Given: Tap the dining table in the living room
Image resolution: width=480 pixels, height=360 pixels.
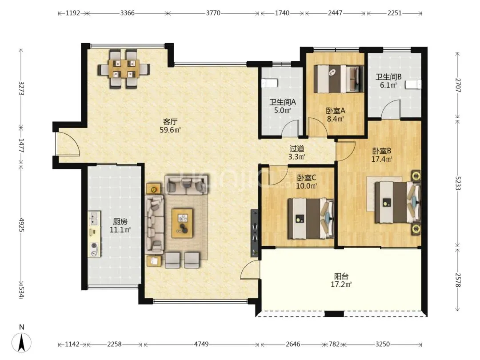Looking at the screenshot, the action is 124,69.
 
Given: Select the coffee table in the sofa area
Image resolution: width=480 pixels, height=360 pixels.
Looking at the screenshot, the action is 182,223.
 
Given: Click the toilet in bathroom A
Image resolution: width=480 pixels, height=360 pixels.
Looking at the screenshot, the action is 269,83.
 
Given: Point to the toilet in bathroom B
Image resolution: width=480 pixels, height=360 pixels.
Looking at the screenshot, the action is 414,85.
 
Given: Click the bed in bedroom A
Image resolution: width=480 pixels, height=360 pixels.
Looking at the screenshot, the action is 339,79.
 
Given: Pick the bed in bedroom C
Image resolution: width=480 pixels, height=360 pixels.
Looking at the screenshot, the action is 311,219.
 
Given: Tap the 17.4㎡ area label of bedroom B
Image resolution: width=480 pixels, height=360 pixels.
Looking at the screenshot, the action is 382,159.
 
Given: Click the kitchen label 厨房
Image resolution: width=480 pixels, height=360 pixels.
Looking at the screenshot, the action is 120,221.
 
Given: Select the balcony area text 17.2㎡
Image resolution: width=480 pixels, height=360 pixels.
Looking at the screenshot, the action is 341,284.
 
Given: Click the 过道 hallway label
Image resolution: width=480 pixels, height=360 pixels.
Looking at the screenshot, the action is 297,149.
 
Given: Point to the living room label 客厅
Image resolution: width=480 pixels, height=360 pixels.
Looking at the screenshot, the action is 170,121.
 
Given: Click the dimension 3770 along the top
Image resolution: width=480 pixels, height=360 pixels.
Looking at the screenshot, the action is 213,13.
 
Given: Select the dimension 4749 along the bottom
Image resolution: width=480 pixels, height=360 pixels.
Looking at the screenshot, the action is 201,344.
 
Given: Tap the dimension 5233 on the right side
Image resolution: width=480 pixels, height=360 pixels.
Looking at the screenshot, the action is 458,183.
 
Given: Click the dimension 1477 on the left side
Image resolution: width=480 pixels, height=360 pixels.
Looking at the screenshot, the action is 21,146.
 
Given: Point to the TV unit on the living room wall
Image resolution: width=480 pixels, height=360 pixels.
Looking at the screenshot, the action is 254,233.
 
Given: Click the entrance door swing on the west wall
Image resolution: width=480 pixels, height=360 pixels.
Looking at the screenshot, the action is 68,144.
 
